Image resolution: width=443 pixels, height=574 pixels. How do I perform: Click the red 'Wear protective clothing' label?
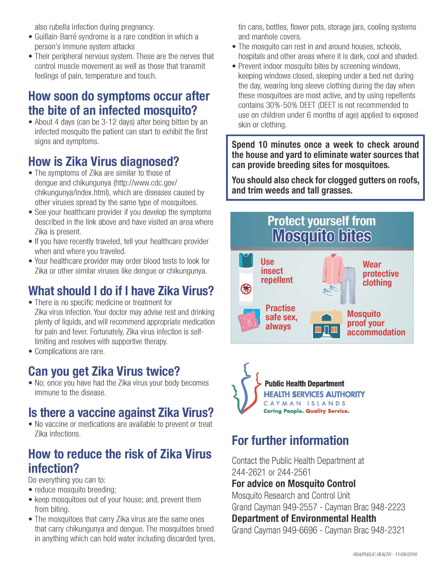(380, 274)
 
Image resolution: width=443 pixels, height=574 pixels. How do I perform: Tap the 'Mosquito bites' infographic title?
(322, 236)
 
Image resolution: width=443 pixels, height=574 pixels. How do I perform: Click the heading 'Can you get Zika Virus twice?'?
(104, 371)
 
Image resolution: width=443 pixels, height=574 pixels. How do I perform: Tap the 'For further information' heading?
(290, 441)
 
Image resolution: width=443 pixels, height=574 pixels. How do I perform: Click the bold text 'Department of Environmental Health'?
(304, 519)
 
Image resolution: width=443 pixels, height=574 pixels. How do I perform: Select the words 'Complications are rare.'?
(70, 351)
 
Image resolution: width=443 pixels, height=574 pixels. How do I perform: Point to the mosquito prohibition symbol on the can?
(246, 289)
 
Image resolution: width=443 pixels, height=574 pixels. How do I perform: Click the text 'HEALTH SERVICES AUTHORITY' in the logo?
(314, 394)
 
